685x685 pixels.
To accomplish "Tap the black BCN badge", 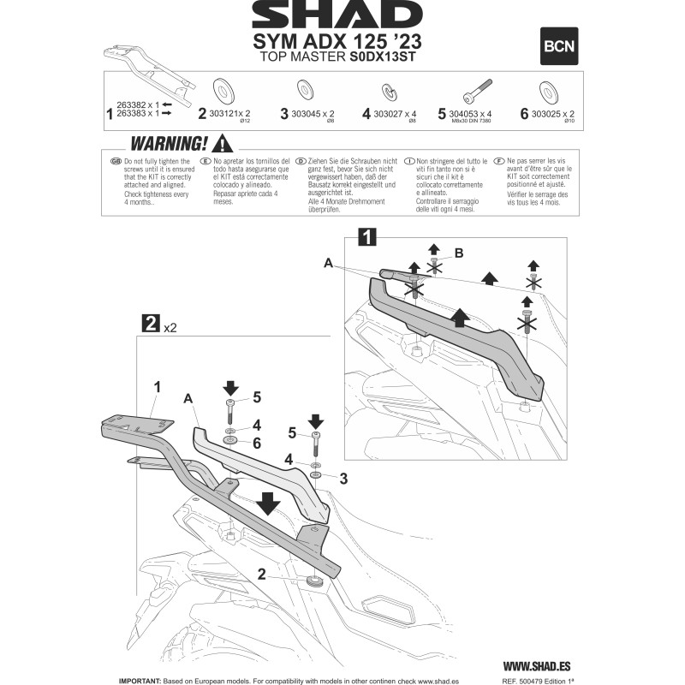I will (560, 47).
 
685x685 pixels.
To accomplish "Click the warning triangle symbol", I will (223, 143).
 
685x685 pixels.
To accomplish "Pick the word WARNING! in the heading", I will (166, 143).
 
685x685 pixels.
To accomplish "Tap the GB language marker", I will (116, 161).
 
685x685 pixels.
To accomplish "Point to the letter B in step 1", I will (459, 253).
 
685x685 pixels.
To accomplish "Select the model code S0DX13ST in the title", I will (384, 57).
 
